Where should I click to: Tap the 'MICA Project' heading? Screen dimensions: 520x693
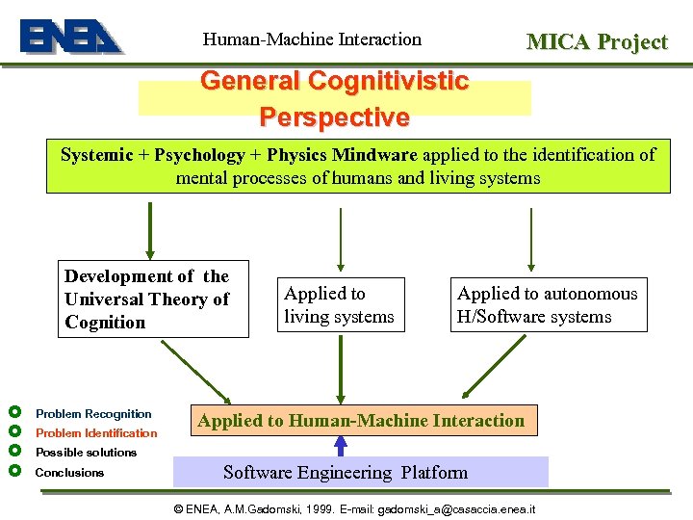point(596,41)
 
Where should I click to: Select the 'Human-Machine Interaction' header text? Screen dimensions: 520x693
point(312,39)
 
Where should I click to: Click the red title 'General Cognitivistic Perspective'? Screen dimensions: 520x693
point(334,99)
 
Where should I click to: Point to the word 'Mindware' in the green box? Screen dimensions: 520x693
point(374,155)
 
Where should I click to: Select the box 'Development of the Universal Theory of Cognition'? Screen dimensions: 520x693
point(153,299)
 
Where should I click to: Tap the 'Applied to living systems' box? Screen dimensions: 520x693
point(340,305)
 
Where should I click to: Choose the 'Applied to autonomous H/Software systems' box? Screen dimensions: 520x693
point(547,305)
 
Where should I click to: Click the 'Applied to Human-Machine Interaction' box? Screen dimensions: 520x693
point(361,420)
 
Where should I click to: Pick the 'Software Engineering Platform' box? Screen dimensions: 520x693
point(360,472)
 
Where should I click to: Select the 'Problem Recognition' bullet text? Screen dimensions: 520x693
point(93,414)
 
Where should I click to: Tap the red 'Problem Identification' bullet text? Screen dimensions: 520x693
point(96,433)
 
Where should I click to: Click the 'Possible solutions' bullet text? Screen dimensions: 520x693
point(86,453)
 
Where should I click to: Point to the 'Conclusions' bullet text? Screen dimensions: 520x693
point(69,473)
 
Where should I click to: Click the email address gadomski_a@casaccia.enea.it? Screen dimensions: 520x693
point(456,508)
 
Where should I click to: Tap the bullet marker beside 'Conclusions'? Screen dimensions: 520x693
point(15,471)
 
